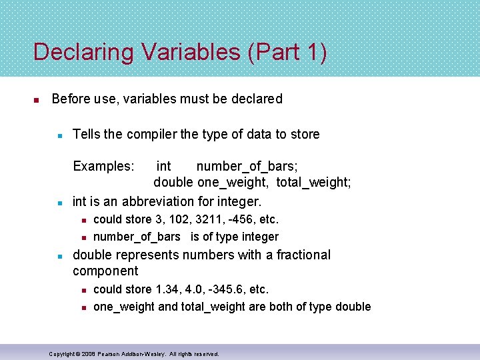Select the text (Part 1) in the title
tap(287, 52)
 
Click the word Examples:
tap(103, 166)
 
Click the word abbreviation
tap(154, 201)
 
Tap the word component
tap(105, 271)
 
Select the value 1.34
tap(168, 289)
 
